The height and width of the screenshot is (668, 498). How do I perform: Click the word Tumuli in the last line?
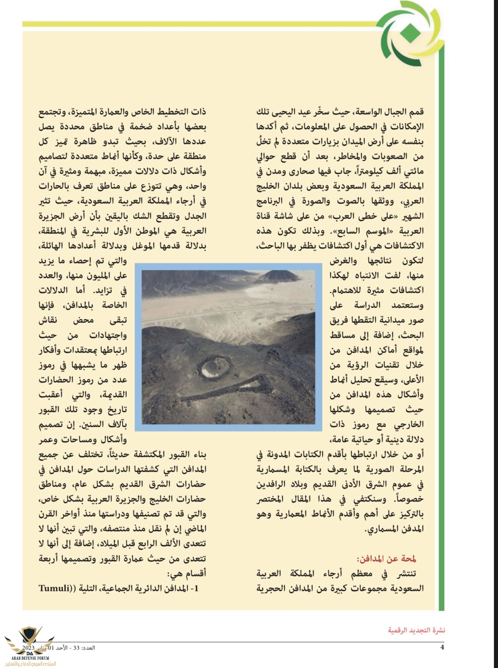pos(54,588)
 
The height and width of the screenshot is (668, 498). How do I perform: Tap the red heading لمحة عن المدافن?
pos(387,558)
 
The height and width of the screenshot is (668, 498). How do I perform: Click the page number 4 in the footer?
pos(442,647)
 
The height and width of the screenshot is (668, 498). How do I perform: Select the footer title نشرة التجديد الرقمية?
pos(416,630)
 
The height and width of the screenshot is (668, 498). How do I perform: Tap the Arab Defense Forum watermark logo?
pos(30,646)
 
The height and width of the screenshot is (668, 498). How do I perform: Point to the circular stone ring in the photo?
pos(215,367)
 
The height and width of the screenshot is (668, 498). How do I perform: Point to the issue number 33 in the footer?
pos(76,648)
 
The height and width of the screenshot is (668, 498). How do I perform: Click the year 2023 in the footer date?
pos(29,648)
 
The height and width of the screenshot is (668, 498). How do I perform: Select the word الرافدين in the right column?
pos(273,484)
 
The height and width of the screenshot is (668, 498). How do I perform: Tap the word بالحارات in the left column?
pos(56,186)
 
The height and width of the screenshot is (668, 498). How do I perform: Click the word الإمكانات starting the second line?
pos(407,126)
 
